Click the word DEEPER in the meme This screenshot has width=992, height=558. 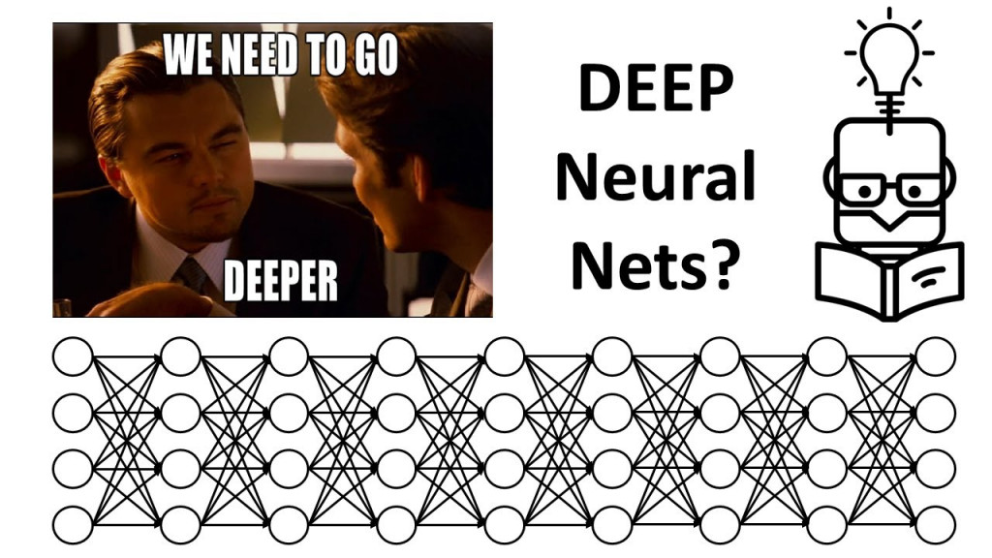(281, 281)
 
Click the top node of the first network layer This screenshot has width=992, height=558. (73, 356)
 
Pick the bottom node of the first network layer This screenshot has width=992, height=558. (73, 525)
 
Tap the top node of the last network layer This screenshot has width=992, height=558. (936, 356)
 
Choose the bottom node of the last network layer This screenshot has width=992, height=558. (936, 525)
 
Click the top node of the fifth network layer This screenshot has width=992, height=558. (504, 356)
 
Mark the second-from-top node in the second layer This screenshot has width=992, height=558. (180, 413)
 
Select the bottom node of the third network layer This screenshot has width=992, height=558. (289, 525)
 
